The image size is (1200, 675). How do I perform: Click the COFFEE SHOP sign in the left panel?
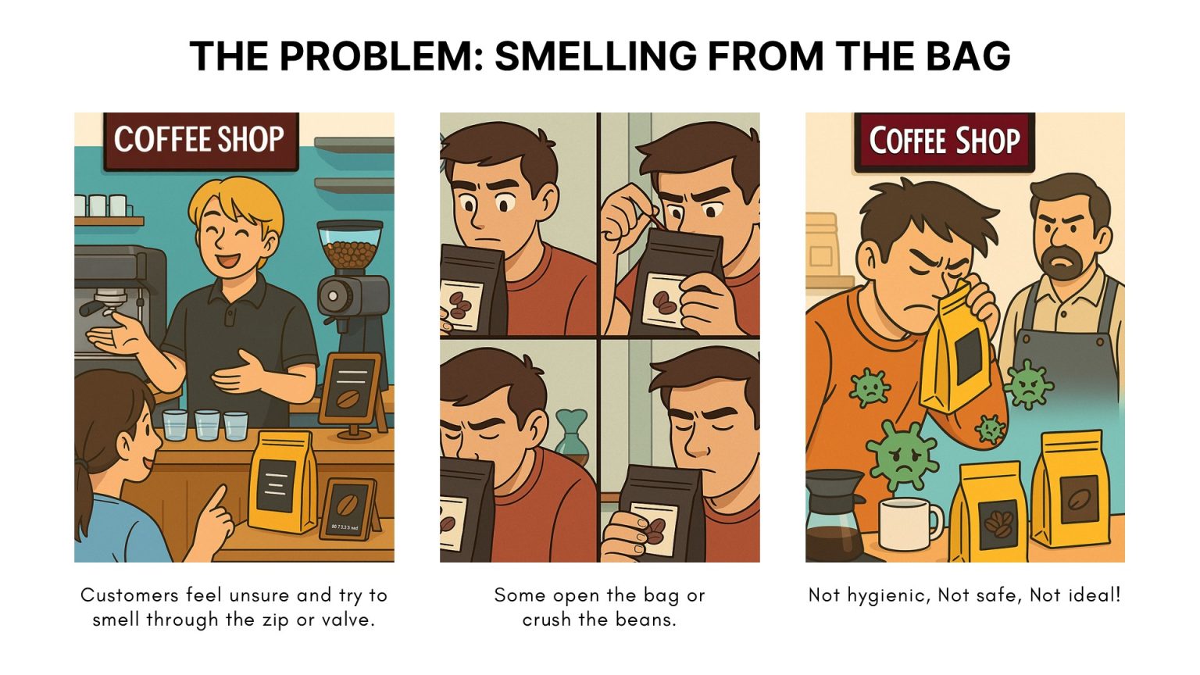click(x=199, y=141)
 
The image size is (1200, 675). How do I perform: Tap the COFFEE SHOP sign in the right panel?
click(x=945, y=141)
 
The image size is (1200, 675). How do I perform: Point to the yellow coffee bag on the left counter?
click(x=281, y=481)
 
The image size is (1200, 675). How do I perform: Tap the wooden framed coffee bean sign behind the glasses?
click(x=354, y=391)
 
